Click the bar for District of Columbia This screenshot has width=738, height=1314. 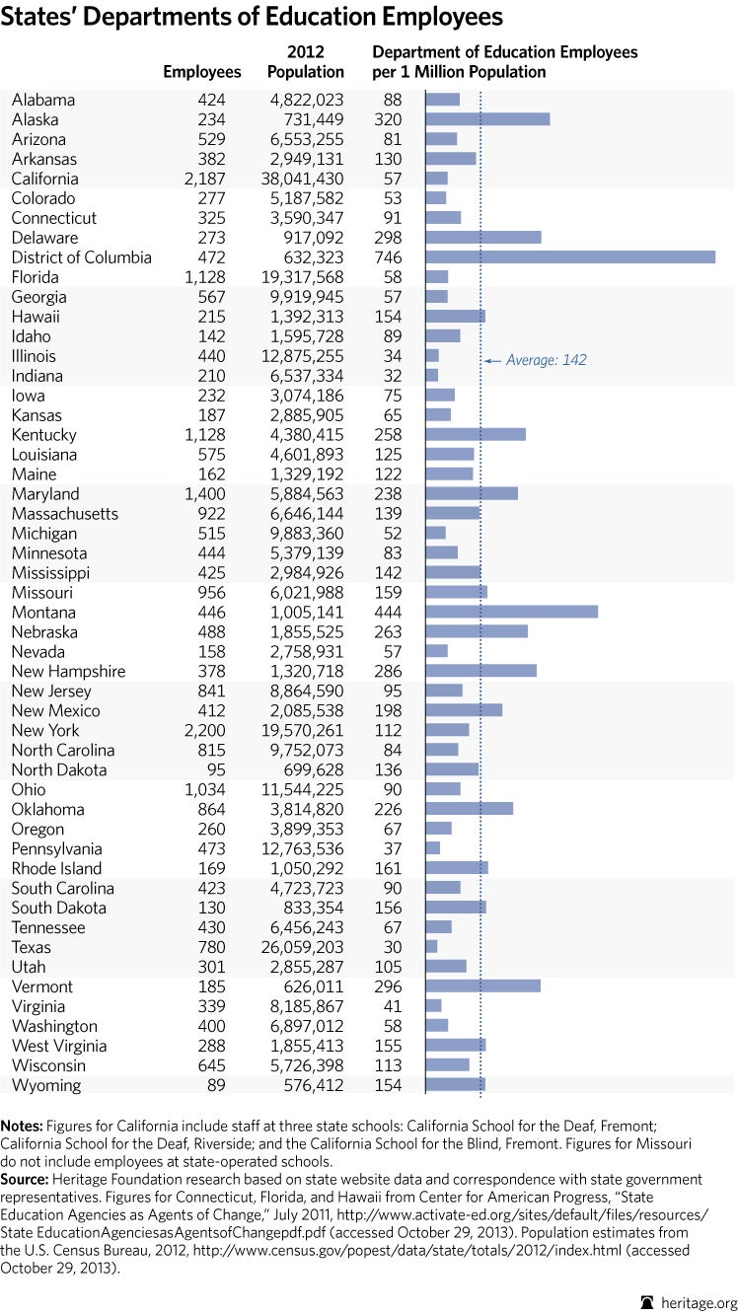(x=570, y=257)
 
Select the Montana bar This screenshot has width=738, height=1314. (x=511, y=613)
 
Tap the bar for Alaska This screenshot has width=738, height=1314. (x=487, y=119)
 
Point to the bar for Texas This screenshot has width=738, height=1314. (x=431, y=947)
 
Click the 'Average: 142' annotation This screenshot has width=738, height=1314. (x=546, y=360)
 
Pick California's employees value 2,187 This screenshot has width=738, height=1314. (x=204, y=179)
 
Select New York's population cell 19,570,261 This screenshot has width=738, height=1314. (x=305, y=731)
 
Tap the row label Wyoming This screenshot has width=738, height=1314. (x=45, y=1085)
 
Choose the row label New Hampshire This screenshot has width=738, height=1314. (x=69, y=672)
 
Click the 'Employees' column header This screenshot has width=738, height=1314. (x=202, y=72)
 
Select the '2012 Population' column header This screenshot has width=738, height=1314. (x=306, y=62)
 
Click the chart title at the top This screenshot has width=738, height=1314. (x=253, y=18)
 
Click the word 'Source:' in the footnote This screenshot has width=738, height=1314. (x=25, y=1179)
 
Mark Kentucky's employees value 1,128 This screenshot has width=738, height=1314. (x=204, y=435)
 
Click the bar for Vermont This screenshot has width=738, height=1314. (x=482, y=986)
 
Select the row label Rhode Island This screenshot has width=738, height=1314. (x=57, y=869)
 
